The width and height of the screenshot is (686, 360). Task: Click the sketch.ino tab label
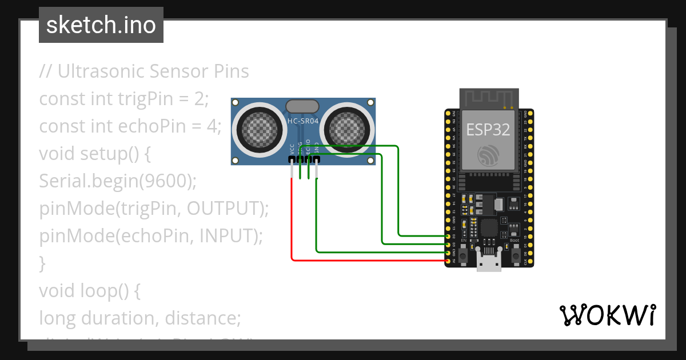[101, 25]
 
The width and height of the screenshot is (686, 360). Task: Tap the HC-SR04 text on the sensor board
[302, 121]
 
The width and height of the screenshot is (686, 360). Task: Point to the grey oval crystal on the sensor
[302, 106]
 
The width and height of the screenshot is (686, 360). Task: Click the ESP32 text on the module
[488, 130]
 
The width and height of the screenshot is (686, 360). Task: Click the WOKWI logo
[607, 315]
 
